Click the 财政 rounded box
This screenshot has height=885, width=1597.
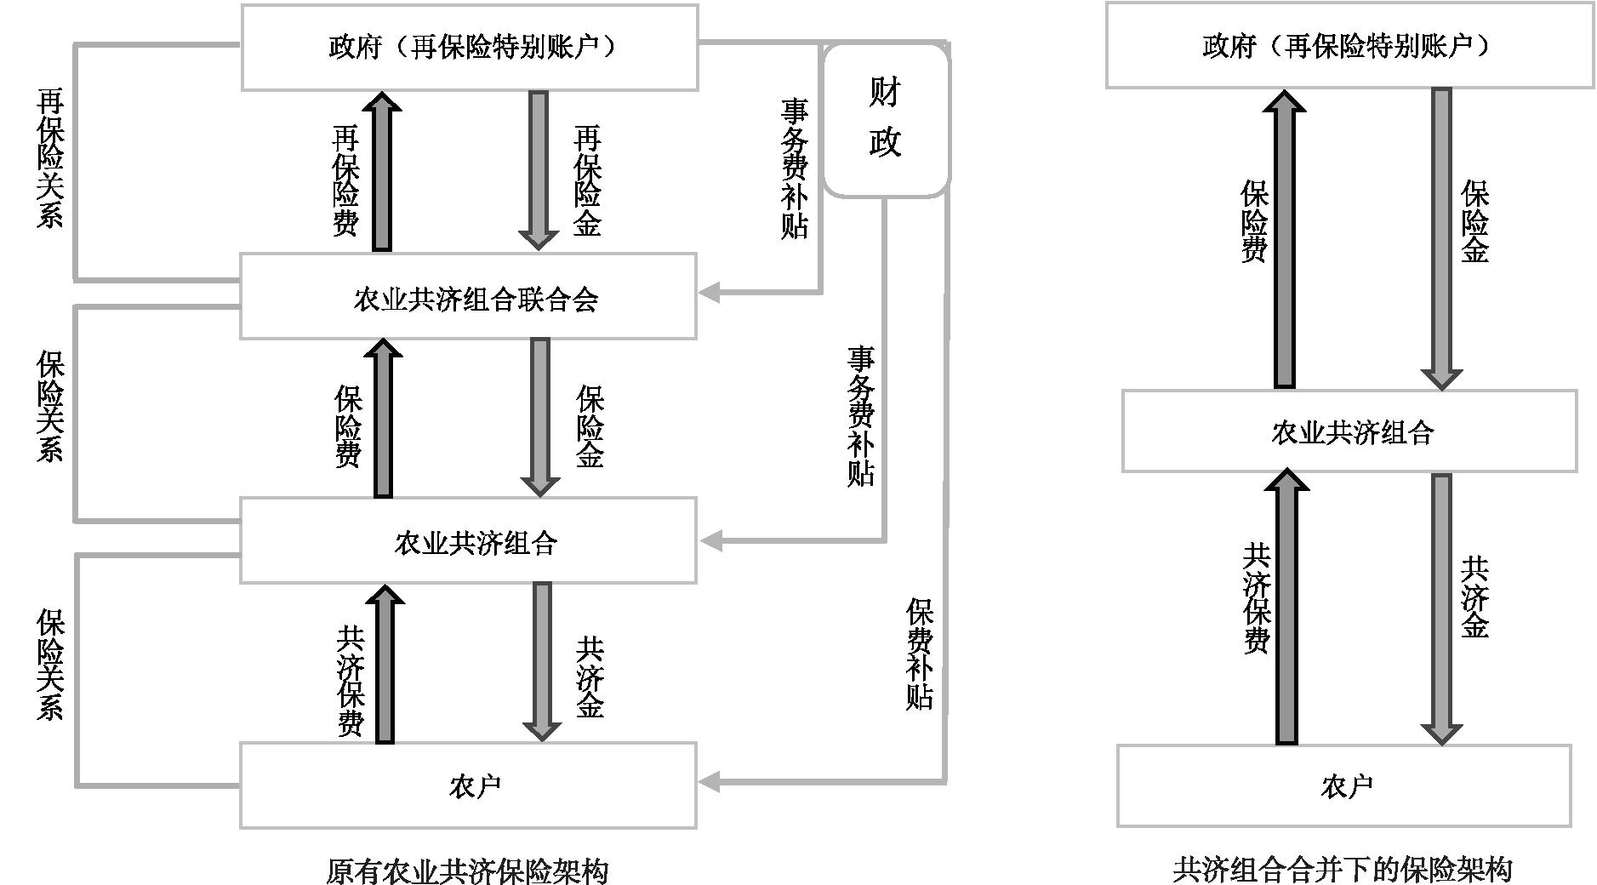pyautogui.click(x=886, y=119)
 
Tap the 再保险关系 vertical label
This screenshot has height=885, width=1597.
pyautogui.click(x=49, y=160)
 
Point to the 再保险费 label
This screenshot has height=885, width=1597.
pyautogui.click(x=345, y=180)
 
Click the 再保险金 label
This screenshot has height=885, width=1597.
pyautogui.click(x=587, y=180)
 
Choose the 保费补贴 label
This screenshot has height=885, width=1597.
pyautogui.click(x=920, y=654)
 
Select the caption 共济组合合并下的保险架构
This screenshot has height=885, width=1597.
pyautogui.click(x=1343, y=869)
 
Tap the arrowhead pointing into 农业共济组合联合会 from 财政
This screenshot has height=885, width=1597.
pyautogui.click(x=710, y=293)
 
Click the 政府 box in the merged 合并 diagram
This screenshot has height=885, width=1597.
pyautogui.click(x=1349, y=45)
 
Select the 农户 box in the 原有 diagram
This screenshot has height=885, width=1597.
pyautogui.click(x=468, y=785)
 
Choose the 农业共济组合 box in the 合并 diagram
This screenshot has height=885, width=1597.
pyautogui.click(x=1349, y=431)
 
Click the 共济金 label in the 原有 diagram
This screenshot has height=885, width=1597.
pyautogui.click(x=590, y=678)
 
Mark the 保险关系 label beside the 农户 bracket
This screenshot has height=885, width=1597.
pyautogui.click(x=49, y=664)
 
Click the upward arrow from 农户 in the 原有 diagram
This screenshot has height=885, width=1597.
pyautogui.click(x=385, y=664)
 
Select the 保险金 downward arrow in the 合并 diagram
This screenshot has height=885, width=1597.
pyautogui.click(x=1441, y=238)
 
